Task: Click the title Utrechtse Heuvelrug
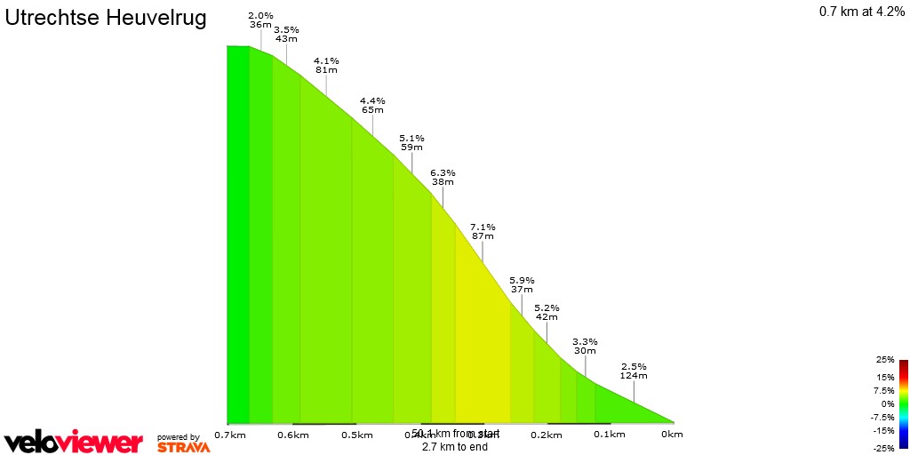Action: point(106,19)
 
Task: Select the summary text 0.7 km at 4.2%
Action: point(862,12)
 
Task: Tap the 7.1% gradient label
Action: point(483,227)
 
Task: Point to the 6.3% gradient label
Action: point(443,172)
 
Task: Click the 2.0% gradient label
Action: point(260,16)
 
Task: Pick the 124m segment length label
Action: point(634,376)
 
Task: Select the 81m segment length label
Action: point(326,70)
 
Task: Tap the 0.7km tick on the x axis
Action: point(230,435)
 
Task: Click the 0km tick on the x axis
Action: point(673,435)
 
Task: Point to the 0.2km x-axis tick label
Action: point(547,435)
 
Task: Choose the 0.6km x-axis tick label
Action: point(293,435)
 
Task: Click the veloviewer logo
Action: point(73,442)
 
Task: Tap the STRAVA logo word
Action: point(184,447)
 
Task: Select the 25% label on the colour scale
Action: point(884,360)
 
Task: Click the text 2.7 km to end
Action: point(455,447)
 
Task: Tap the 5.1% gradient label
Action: point(412,138)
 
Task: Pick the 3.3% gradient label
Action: point(585,341)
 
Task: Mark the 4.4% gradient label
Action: point(372,100)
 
